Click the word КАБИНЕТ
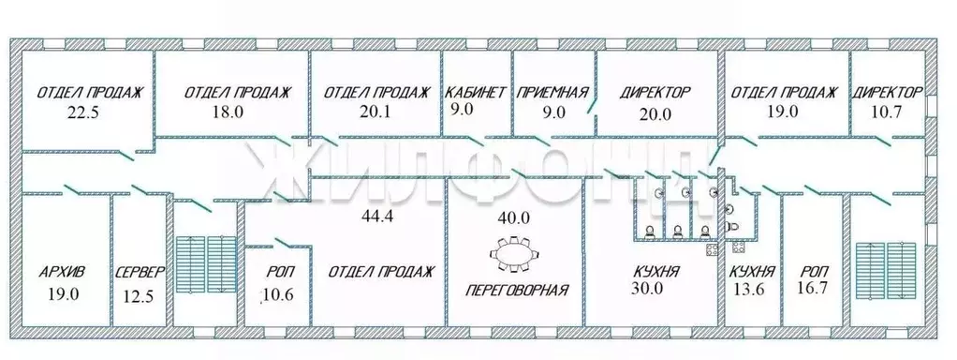476,93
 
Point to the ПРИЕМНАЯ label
553,93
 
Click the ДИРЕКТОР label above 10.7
887,93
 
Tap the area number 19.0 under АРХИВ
63,293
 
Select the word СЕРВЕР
140,273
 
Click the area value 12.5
140,295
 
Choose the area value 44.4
379,217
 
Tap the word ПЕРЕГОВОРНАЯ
517,290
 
